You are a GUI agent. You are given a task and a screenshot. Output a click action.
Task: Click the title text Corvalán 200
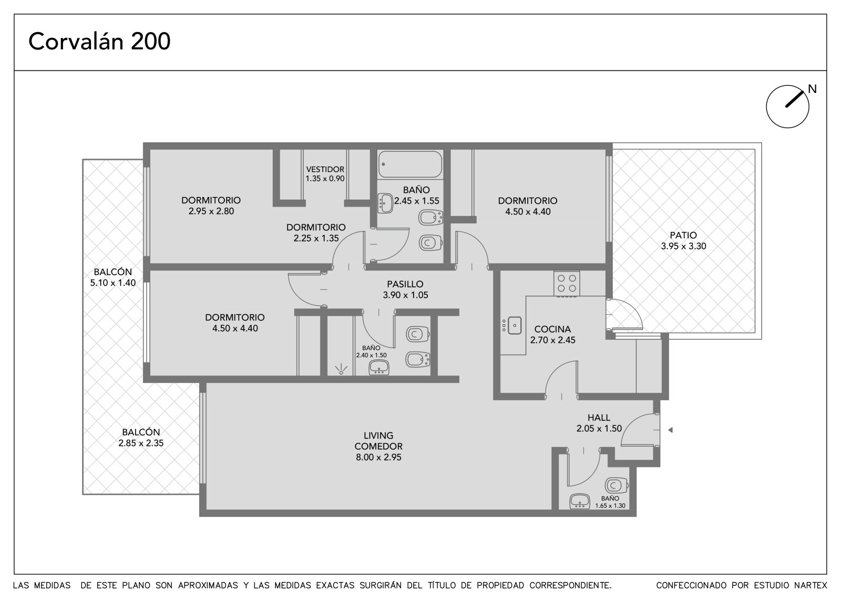pyautogui.click(x=99, y=41)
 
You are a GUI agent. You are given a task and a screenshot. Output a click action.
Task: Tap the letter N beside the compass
pyautogui.click(x=812, y=89)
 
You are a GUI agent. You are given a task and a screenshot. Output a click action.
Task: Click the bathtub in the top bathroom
pyautogui.click(x=410, y=164)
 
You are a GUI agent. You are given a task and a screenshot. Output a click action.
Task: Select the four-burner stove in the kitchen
pyautogui.click(x=567, y=284)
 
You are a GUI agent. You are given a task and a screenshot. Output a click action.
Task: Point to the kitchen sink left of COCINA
pyautogui.click(x=514, y=325)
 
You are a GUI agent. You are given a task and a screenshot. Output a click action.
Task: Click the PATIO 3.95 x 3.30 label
pyautogui.click(x=683, y=241)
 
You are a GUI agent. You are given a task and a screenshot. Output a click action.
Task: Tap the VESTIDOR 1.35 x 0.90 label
pyautogui.click(x=325, y=174)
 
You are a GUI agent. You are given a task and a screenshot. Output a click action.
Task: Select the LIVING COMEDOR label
pyautogui.click(x=378, y=446)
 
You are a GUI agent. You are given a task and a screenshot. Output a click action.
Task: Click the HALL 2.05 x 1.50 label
pyautogui.click(x=599, y=423)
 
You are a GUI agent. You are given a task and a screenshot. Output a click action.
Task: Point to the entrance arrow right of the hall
pyautogui.click(x=670, y=430)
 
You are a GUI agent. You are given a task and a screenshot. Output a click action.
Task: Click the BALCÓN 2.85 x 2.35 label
pyautogui.click(x=141, y=437)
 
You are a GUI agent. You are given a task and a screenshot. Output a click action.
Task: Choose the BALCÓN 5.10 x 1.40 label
pyautogui.click(x=112, y=277)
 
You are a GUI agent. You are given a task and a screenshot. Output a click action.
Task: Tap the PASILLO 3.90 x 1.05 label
pyautogui.click(x=405, y=289)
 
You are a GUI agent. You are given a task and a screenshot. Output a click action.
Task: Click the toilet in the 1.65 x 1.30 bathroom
pyautogui.click(x=616, y=486)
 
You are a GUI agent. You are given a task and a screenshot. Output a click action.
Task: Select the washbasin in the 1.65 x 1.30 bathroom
pyautogui.click(x=580, y=502)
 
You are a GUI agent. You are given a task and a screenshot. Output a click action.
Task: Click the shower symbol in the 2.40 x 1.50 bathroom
pyautogui.click(x=341, y=370)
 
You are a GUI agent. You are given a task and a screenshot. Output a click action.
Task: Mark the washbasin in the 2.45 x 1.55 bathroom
pyautogui.click(x=385, y=203)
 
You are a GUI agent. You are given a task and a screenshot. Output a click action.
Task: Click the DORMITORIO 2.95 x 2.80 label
pyautogui.click(x=211, y=206)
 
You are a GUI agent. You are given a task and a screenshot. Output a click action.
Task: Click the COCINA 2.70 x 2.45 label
pyautogui.click(x=552, y=335)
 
